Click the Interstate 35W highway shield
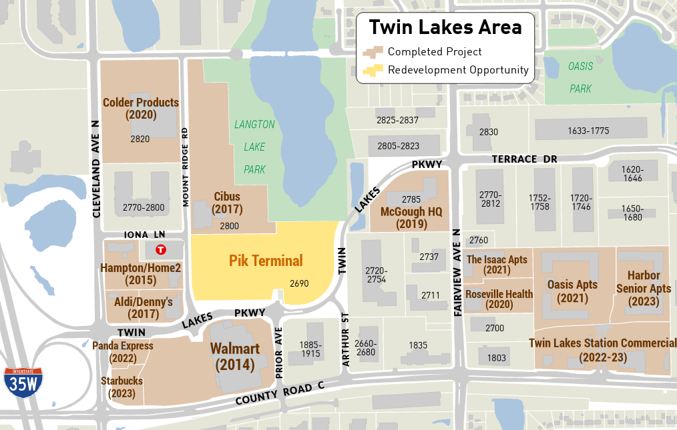coord(23,383)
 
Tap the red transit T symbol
coord(160,250)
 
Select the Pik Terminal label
coord(266,261)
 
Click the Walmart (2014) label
coord(235,357)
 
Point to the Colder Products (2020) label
coord(140,109)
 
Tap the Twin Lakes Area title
coord(445,27)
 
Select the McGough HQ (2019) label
coord(411,218)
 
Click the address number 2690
coord(299,283)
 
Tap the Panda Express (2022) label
coord(122,352)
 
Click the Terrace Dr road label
coord(524,159)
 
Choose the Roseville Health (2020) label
coord(499,299)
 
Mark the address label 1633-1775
coord(588,131)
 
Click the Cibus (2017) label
coord(227,203)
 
